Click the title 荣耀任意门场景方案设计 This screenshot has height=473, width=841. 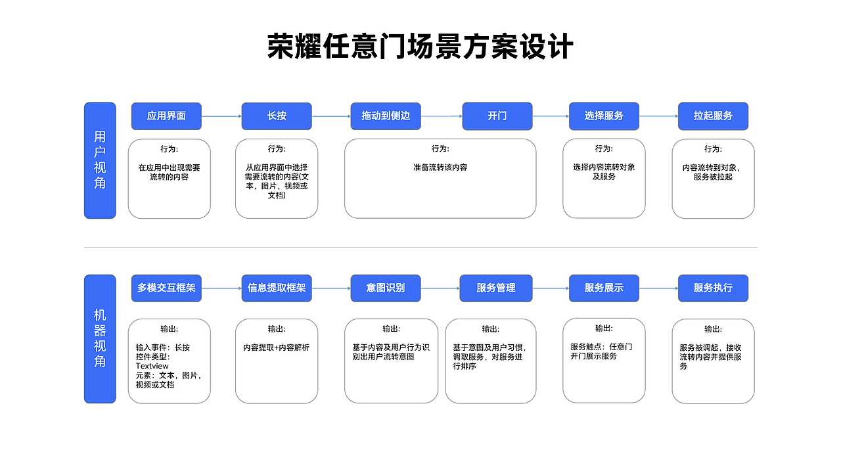[420, 47]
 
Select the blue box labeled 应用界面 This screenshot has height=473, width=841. [166, 116]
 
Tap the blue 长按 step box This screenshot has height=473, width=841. [277, 116]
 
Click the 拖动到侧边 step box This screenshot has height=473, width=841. [386, 116]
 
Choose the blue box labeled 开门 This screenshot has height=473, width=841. [497, 116]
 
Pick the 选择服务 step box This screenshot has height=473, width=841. [604, 116]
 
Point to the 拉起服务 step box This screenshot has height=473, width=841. [713, 116]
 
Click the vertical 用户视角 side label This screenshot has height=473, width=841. [100, 160]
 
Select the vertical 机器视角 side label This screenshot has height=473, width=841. [100, 339]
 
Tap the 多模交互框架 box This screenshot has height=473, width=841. [166, 288]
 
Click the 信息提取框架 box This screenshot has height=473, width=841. [277, 288]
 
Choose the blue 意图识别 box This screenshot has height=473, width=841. [386, 288]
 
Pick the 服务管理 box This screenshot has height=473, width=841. [496, 288]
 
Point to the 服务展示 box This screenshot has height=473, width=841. [604, 288]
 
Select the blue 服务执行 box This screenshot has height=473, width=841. [713, 288]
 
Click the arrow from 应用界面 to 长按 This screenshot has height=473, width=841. [221, 116]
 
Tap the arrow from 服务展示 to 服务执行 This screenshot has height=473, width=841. [658, 288]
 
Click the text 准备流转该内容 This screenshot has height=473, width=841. [440, 168]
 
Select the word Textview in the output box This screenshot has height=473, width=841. [152, 366]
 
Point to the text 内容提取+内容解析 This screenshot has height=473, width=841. [276, 348]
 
